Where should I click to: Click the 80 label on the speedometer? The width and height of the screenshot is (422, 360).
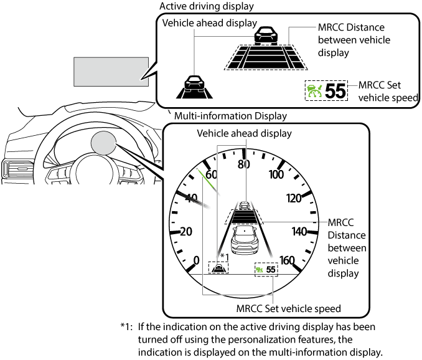(243, 164)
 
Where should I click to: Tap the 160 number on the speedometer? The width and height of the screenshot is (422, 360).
(287, 260)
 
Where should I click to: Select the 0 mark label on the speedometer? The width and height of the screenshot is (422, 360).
(197, 260)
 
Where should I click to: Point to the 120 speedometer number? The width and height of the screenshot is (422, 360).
(294, 198)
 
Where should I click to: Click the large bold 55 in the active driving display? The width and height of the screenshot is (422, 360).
(335, 91)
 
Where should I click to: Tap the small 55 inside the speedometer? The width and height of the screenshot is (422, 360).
(271, 270)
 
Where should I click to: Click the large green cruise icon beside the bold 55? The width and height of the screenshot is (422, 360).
(314, 91)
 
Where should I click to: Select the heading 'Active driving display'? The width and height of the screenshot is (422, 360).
(207, 6)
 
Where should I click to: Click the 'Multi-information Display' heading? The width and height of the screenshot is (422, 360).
(230, 116)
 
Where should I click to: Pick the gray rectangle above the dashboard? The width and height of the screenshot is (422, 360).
(111, 72)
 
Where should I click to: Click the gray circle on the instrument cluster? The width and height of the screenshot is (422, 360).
(103, 143)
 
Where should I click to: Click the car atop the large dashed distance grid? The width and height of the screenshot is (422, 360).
(266, 36)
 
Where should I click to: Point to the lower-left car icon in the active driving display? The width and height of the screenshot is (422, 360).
(194, 87)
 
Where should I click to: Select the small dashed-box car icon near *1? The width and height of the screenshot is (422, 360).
(218, 268)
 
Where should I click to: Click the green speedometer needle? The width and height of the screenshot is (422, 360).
(207, 179)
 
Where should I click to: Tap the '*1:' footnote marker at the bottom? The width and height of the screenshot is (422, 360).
(126, 327)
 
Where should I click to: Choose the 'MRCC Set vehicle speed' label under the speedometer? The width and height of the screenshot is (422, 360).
(289, 308)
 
